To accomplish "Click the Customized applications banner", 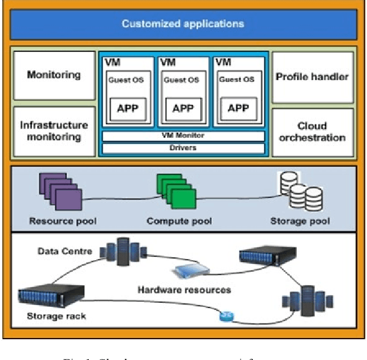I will tap(183, 24).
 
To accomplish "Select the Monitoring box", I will tap(54, 75).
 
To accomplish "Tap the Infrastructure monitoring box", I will tap(54, 131).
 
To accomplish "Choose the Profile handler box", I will tap(312, 77).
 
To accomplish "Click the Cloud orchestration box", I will tap(312, 132).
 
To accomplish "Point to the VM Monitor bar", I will tap(182, 136).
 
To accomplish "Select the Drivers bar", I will tap(182, 148).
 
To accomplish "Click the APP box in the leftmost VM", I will tap(128, 108).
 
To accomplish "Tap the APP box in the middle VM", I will tap(183, 108).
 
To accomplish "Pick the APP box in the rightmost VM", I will tap(238, 108).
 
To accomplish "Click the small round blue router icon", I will tap(226, 316).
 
